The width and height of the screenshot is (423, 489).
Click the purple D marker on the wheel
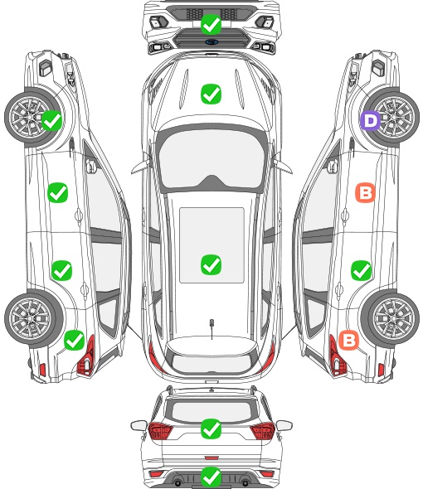pos(370,121)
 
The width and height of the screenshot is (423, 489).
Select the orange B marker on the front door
pos(365,193)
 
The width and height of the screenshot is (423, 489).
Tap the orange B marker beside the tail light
pos(348,340)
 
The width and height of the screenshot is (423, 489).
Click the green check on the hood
pos(211,94)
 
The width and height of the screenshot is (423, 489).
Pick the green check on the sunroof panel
pos(211,264)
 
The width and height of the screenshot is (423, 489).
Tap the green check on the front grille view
pos(211,24)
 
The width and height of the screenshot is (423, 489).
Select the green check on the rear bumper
pos(211,477)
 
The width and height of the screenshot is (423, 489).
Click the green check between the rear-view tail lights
pos(211,428)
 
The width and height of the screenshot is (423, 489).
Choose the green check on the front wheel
pos(51,121)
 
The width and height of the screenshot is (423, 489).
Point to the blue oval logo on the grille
pos(211,41)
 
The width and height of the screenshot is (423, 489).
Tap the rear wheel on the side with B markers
pos(390,318)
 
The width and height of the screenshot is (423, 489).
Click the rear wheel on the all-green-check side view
pos(33,318)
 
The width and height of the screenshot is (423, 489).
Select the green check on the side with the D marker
pos(361,270)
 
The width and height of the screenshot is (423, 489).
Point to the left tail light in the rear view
pos(160,431)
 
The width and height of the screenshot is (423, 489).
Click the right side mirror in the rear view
pos(284,425)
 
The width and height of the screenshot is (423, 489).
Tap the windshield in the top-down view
pos(211,159)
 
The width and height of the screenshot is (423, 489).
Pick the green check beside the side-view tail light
pos(74,340)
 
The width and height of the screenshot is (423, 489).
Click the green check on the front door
pos(57,193)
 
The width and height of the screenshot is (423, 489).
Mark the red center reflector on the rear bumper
pos(211,458)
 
